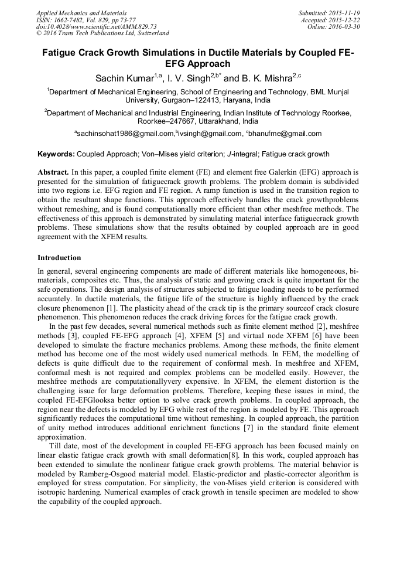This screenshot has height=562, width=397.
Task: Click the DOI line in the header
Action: click(x=96, y=26)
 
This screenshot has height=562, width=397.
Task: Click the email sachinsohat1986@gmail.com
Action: click(x=126, y=134)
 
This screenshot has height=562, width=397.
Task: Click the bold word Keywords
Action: click(x=56, y=155)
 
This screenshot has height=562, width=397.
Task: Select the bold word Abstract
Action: click(x=53, y=173)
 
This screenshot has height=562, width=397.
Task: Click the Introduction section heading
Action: click(x=59, y=258)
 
